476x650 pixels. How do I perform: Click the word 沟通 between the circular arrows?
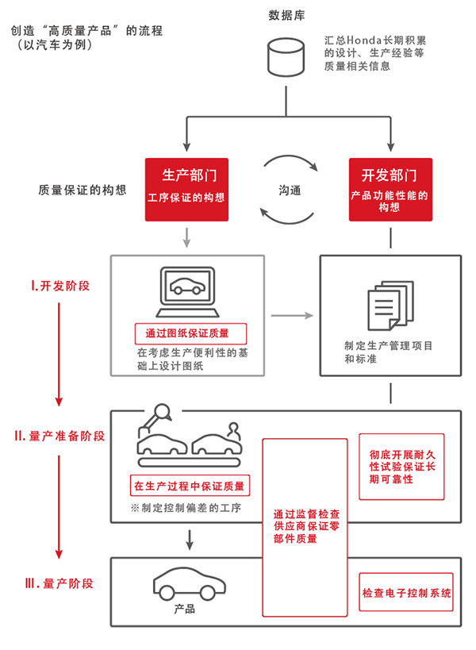(289, 190)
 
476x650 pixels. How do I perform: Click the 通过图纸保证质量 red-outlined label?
(191, 333)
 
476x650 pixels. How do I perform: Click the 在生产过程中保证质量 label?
(189, 485)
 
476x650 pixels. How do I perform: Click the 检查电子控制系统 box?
(406, 592)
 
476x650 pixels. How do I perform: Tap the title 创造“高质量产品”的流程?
(86, 31)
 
